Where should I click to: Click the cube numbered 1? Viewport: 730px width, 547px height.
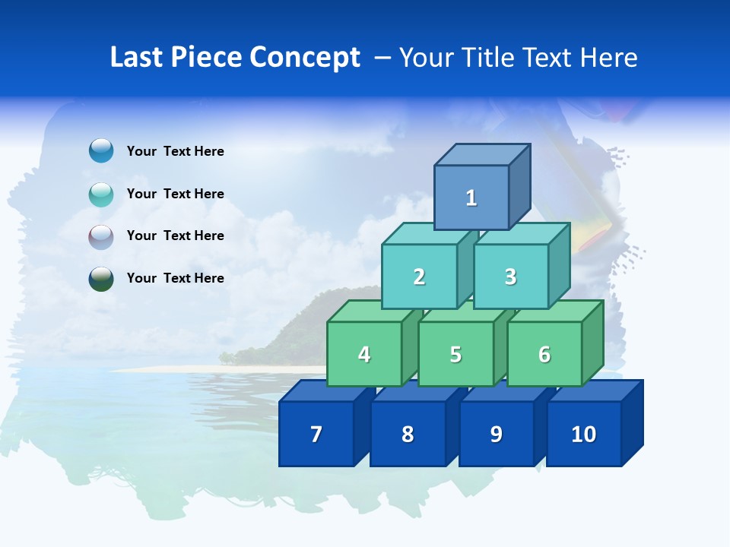471,198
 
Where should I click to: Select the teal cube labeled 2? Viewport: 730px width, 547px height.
419,277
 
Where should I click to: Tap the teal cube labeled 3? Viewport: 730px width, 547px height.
510,277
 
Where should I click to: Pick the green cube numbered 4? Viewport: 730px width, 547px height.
364,354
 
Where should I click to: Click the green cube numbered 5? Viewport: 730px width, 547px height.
455,354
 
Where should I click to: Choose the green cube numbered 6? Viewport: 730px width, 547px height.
544,354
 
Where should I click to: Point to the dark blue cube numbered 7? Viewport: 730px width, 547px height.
316,434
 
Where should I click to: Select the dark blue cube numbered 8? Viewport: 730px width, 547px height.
408,434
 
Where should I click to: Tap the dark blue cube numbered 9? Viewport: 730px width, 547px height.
496,434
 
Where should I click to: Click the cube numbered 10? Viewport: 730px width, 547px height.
583,434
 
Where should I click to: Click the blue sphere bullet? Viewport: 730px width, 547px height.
101,150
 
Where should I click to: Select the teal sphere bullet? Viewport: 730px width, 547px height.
101,194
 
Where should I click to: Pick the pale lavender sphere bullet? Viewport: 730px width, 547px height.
101,237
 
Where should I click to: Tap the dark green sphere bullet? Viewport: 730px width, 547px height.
101,279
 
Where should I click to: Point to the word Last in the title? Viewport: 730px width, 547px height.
136,58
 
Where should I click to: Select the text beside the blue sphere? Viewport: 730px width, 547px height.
176,151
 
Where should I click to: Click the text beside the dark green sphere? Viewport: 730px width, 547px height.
176,278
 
